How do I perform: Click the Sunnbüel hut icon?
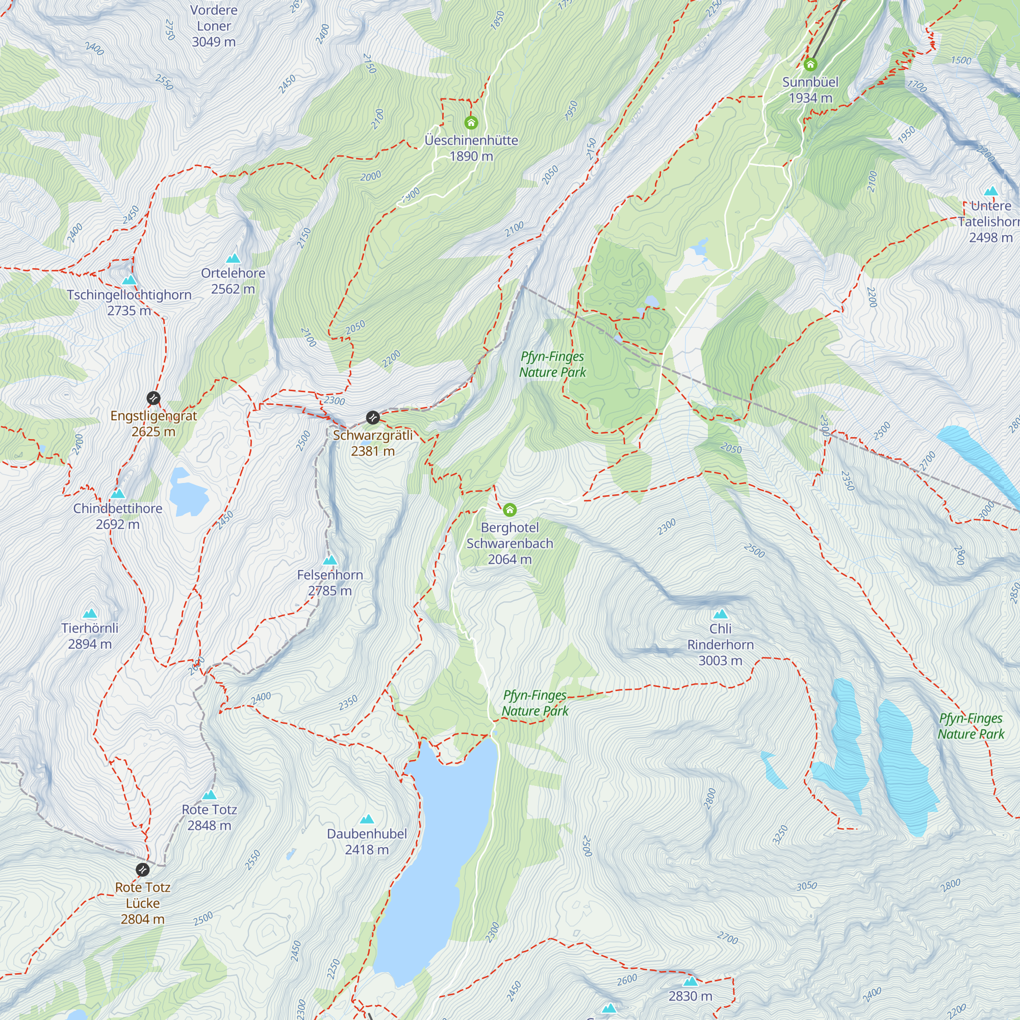810,65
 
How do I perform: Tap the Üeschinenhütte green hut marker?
471,123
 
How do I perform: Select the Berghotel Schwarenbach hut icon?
509,509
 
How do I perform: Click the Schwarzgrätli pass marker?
373,418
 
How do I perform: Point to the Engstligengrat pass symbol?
153,398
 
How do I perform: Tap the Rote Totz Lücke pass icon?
143,870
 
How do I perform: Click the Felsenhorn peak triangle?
330,559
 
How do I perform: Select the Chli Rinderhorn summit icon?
721,614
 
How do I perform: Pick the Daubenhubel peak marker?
367,820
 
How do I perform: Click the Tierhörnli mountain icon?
90,614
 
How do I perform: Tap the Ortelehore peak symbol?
234,258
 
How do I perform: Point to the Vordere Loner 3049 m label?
214,26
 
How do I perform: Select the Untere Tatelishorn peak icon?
991,191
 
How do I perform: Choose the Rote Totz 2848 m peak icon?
210,795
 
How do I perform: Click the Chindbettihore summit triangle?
118,494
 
